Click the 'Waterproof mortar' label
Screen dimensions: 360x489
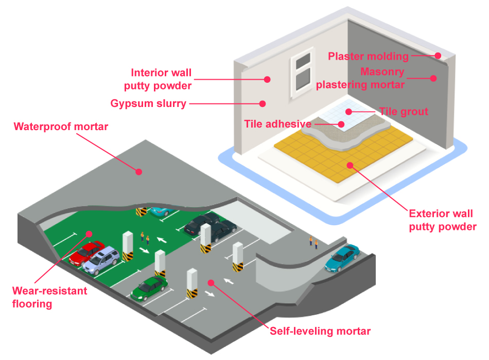[x=61, y=127]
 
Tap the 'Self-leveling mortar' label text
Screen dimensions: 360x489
[x=320, y=331]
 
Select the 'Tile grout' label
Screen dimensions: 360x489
[x=404, y=111]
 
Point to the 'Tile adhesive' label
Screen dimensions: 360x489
[x=277, y=124]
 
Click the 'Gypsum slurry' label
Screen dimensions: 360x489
[x=148, y=103]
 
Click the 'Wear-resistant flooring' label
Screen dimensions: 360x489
[x=49, y=297]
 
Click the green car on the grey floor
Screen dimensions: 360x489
[x=149, y=288]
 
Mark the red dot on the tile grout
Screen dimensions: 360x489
[x=348, y=111]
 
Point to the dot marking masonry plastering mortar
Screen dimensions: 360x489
[x=433, y=78]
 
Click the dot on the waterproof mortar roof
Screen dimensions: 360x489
[x=138, y=171]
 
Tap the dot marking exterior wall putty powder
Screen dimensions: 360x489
[x=350, y=165]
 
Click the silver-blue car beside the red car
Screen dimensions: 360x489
[x=103, y=260]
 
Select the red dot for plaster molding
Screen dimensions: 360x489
[x=438, y=56]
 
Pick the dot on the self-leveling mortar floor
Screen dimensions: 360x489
[x=211, y=282]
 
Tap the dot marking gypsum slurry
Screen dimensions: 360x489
[x=262, y=103]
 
